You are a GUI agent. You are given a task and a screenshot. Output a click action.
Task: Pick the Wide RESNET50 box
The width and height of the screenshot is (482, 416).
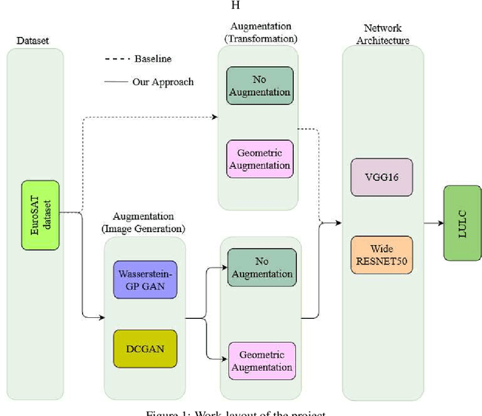[x=382, y=254]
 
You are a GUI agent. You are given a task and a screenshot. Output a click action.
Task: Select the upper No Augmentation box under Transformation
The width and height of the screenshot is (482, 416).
[x=260, y=87]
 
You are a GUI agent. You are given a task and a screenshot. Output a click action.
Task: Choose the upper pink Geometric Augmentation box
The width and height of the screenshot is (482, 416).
[x=260, y=159]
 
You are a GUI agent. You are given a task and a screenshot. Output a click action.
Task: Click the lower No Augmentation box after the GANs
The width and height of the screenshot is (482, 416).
[x=261, y=268]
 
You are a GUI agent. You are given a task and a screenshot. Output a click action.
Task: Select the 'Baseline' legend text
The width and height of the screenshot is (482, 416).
[x=154, y=59]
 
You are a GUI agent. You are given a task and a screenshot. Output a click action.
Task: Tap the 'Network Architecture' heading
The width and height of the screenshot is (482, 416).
[x=382, y=33]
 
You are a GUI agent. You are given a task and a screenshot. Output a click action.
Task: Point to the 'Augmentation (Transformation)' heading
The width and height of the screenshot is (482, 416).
[x=260, y=32]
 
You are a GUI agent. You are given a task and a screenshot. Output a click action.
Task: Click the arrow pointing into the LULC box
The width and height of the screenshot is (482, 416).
[x=432, y=223]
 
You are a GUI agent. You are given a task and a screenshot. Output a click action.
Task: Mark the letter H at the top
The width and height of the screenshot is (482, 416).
[x=235, y=6]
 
